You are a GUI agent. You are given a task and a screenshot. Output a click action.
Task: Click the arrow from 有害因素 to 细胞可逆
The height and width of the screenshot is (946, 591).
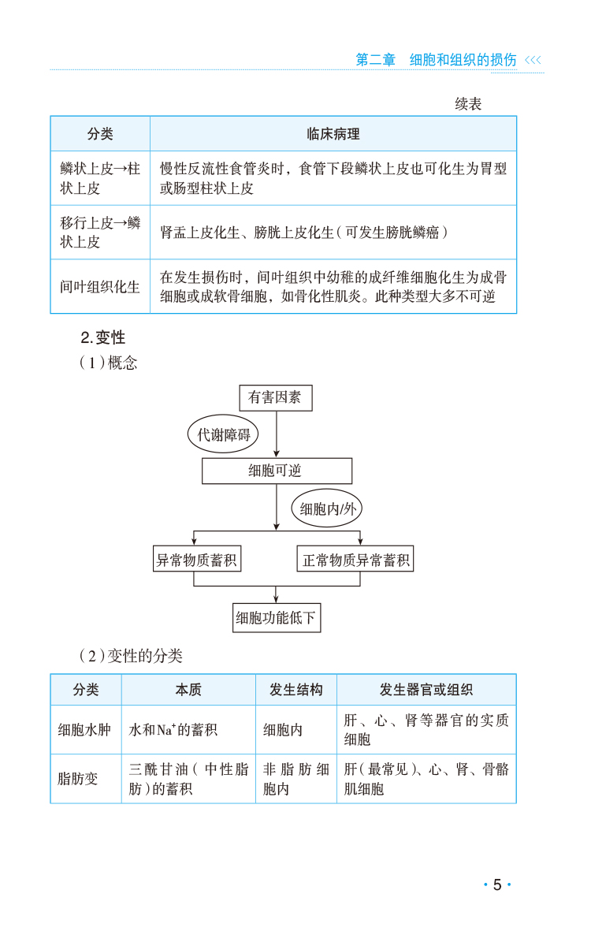pos(277,434)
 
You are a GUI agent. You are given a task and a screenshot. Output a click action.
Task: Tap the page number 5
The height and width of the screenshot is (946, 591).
pos(497,885)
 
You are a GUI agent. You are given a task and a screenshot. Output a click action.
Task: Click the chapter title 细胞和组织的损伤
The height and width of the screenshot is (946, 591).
pos(463,60)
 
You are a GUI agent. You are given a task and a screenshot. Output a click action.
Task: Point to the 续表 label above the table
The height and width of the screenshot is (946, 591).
pos(468,103)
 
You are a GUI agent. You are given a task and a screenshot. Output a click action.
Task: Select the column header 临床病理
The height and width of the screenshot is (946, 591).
pos(333,134)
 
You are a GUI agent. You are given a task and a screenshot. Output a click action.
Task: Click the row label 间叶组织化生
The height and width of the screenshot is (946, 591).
pos(99,287)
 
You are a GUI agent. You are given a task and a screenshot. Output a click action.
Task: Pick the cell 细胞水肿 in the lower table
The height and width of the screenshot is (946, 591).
pos(84,729)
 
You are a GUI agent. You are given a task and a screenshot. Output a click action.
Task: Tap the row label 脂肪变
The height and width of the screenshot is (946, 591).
pos(78,778)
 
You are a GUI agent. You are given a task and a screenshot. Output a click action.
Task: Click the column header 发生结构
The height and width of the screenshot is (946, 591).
pos(296,690)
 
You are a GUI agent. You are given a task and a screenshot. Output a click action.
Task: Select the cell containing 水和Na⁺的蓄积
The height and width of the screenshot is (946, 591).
pos(173,729)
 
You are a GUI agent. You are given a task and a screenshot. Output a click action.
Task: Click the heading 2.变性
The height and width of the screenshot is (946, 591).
pos(103,337)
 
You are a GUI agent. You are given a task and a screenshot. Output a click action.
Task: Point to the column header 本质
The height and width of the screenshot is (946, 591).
pos(188,690)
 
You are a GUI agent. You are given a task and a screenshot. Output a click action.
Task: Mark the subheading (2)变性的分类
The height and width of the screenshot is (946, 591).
pos(131,656)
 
